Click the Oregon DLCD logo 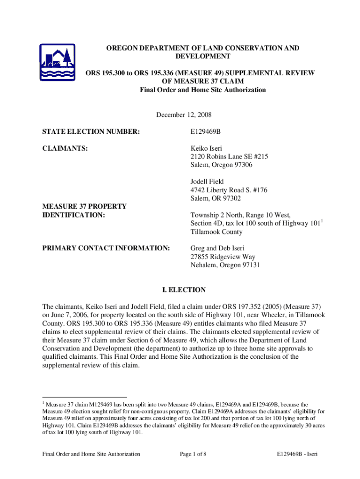58,64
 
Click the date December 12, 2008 180,115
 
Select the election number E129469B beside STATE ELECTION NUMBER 205,132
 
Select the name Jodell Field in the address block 207,181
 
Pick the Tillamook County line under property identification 216,232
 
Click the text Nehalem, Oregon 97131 225,265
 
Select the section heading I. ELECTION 180,290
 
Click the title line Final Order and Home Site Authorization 203,90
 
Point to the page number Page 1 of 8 193,454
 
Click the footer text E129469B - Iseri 297,454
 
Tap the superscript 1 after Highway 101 323,221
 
